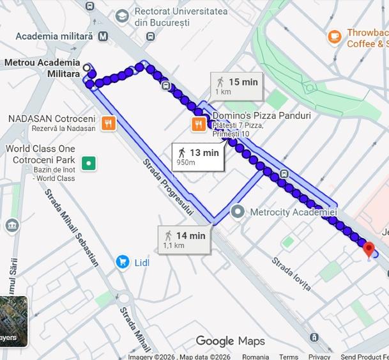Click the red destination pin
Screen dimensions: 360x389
369,248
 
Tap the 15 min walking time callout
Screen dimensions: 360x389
236,85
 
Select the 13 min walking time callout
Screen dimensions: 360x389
198,156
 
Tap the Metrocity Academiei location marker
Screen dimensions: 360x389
238,211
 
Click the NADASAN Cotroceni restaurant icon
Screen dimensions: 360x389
109,123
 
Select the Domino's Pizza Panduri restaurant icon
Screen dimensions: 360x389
199,124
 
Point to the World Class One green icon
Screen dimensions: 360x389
89,163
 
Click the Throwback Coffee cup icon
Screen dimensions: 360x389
334,36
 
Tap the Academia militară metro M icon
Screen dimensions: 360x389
103,36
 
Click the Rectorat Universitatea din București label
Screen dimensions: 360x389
180,17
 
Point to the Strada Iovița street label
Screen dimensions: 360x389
291,273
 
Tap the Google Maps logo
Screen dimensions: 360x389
230,341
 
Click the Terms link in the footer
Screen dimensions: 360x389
288,356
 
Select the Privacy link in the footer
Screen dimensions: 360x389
319,356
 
